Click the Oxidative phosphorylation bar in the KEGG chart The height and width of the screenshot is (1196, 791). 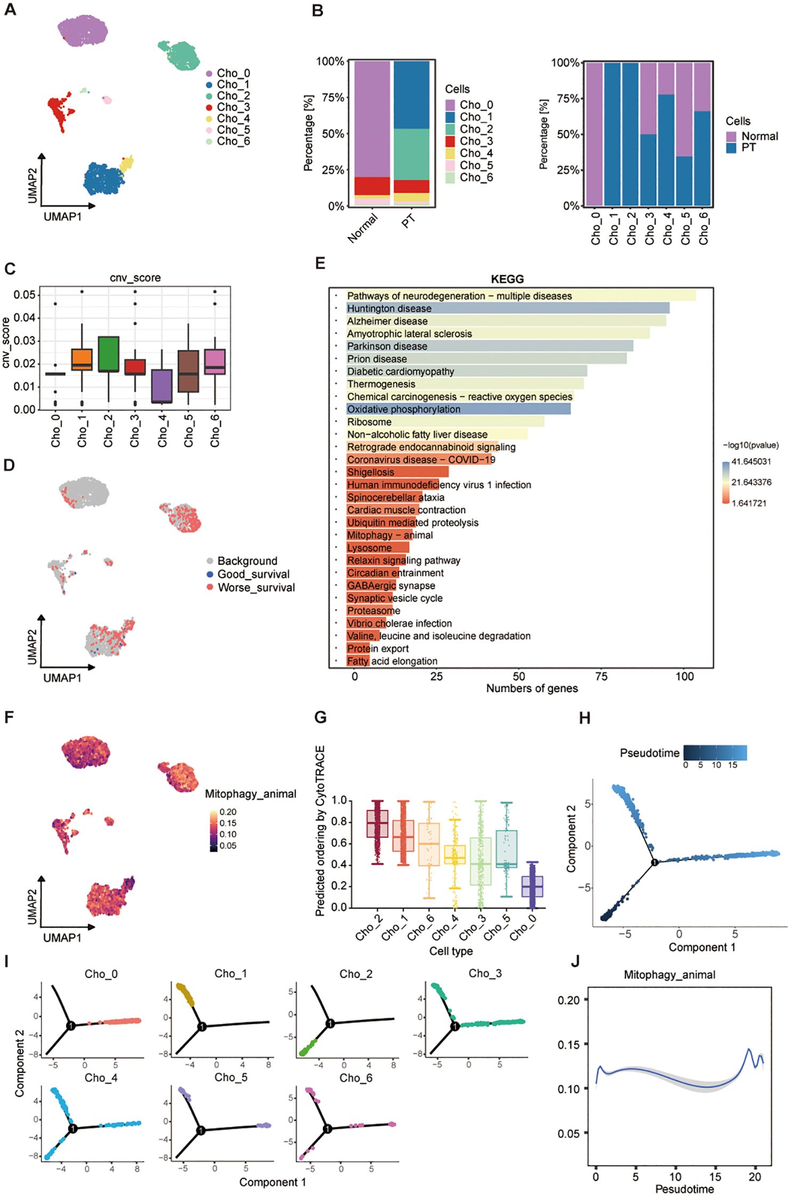tap(458, 409)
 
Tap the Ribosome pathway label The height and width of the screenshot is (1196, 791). tap(369, 422)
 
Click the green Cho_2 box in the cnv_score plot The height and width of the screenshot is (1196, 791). tap(109, 354)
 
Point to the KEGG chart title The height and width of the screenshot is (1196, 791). tap(507, 279)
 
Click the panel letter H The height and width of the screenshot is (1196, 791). tap(584, 718)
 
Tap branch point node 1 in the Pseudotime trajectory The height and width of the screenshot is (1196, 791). tap(655, 862)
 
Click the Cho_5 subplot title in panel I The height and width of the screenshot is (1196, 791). tap(231, 1077)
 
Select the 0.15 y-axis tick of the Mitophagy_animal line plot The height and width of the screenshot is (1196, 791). tap(569, 1045)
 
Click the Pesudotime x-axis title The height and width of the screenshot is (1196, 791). tap(684, 1189)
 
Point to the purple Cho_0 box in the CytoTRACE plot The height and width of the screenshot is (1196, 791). tap(532, 886)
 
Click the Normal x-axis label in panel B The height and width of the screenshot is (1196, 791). tap(363, 227)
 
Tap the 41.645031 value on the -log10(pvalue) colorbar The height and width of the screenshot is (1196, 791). tap(751, 461)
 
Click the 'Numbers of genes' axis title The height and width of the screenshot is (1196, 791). tap(532, 688)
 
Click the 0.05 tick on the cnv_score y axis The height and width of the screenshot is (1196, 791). tap(25, 295)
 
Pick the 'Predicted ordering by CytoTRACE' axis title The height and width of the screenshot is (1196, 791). tap(320, 831)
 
